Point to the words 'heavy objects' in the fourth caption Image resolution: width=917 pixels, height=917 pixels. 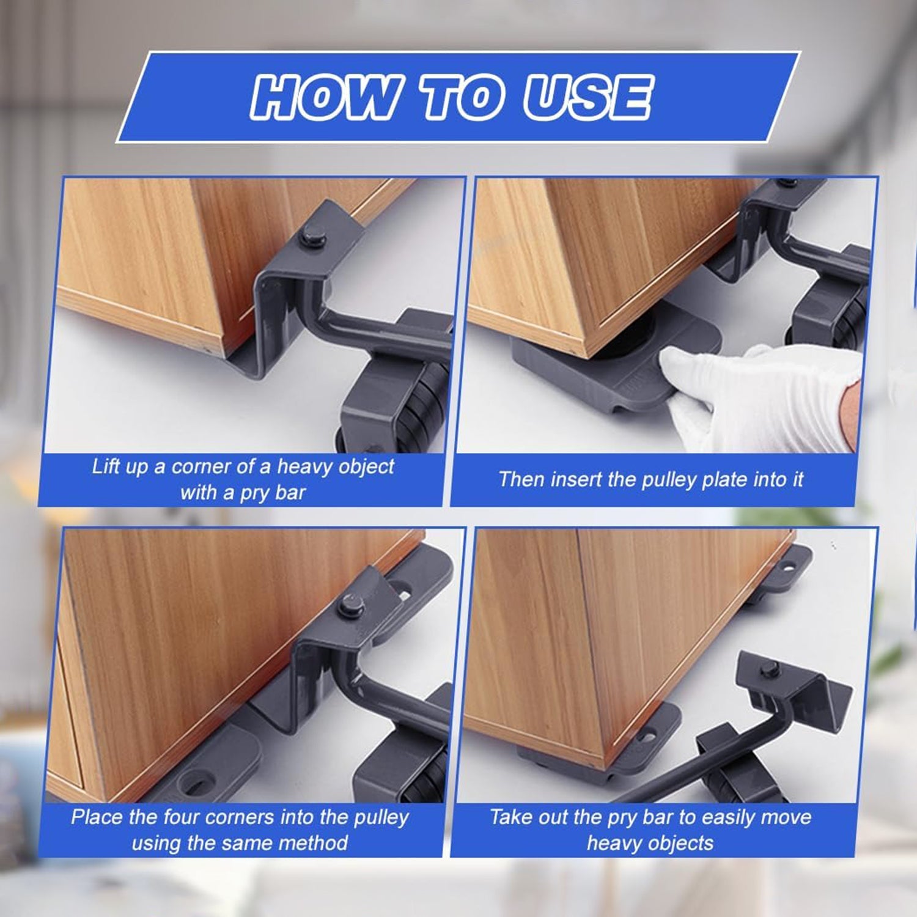click(650, 843)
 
